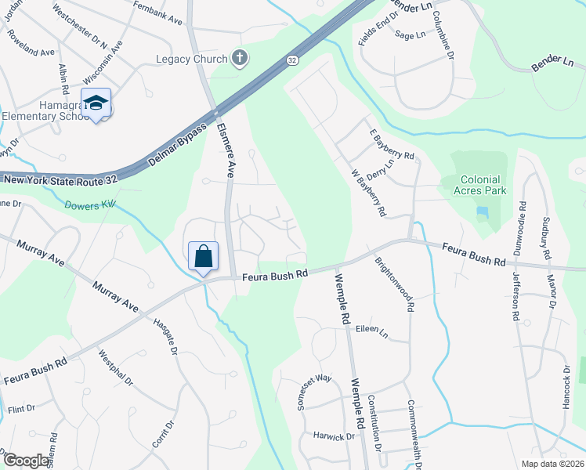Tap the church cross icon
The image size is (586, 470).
click(241, 58)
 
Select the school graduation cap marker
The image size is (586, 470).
click(96, 103)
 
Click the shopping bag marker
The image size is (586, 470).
click(203, 256)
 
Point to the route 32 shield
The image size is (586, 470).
click(291, 60)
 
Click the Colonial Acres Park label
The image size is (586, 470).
click(473, 185)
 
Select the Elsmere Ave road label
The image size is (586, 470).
click(226, 150)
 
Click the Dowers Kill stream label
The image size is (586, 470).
click(90, 204)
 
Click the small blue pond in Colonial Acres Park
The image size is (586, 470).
click(481, 212)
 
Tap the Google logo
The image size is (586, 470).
click(26, 461)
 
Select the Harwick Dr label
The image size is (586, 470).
click(334, 436)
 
